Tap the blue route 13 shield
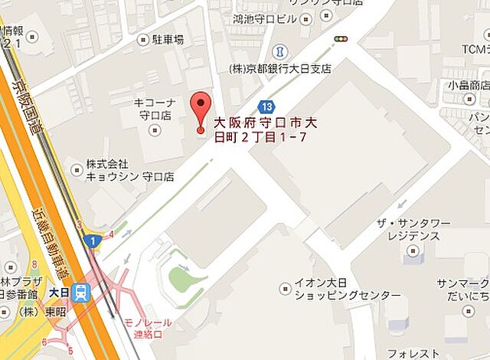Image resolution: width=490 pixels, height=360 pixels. (x=266, y=106)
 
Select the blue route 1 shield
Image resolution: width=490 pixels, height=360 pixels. (x=93, y=241)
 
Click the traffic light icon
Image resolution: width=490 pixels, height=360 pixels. (x=340, y=38)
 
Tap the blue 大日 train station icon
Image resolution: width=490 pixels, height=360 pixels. (x=81, y=291)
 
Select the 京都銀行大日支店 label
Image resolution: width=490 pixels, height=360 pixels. (x=280, y=69)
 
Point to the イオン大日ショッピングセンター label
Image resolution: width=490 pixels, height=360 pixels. (x=337, y=290)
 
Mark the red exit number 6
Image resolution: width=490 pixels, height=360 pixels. (x=44, y=342)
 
